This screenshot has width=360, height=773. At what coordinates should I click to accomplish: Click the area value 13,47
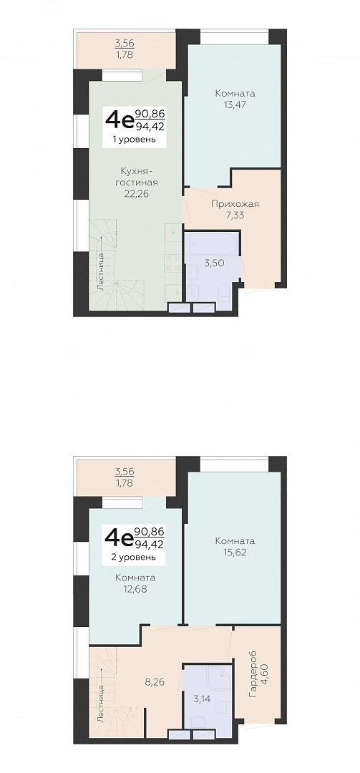click(x=235, y=104)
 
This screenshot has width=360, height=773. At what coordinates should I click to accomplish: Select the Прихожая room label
click(x=235, y=204)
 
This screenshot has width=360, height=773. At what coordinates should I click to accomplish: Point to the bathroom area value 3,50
click(x=215, y=263)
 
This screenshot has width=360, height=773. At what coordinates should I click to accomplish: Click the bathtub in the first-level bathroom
click(x=213, y=243)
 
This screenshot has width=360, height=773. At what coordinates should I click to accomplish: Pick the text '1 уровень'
click(x=135, y=140)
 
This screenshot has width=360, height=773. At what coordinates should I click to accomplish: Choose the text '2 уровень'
click(x=135, y=557)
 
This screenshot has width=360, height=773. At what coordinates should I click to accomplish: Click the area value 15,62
click(x=235, y=552)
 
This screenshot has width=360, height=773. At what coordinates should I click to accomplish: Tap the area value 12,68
click(x=135, y=588)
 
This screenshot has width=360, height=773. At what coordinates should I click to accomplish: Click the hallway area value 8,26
click(x=155, y=682)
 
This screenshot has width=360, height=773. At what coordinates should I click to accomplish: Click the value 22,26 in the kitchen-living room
click(x=137, y=194)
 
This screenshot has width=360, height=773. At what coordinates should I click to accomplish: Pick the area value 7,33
click(x=235, y=215)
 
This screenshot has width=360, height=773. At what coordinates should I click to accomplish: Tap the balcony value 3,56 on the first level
click(x=124, y=44)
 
